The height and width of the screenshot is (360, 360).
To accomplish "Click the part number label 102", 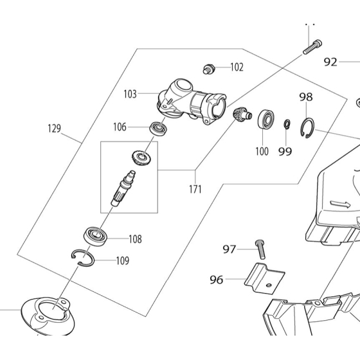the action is [x=237, y=67].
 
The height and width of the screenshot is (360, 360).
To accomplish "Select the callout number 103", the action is [x=130, y=94].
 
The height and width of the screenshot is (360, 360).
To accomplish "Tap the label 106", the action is [x=120, y=127].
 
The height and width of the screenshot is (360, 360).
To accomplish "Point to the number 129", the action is [x=55, y=129].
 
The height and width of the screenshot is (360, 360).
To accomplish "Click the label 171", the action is [x=195, y=190].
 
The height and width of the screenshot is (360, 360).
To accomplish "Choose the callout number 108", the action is [x=135, y=239].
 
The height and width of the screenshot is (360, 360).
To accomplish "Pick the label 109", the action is [x=123, y=261].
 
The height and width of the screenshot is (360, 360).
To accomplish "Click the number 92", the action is [x=330, y=62].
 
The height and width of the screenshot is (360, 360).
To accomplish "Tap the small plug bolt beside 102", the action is [x=209, y=69].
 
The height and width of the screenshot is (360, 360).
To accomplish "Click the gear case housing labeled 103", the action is [x=192, y=101].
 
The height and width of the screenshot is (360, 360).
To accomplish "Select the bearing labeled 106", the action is [x=159, y=129].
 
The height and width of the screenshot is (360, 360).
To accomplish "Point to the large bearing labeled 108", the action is [x=95, y=236].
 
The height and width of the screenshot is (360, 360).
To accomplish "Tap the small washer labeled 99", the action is [x=287, y=124].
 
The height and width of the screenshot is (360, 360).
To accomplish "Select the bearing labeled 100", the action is [x=265, y=119].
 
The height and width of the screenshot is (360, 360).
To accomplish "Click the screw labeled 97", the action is [x=260, y=249].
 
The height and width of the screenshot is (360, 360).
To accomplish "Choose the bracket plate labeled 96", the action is [x=264, y=278].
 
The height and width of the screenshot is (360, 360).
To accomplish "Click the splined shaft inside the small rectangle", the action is [x=123, y=188].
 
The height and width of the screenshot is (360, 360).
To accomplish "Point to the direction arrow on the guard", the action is [x=340, y=204].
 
